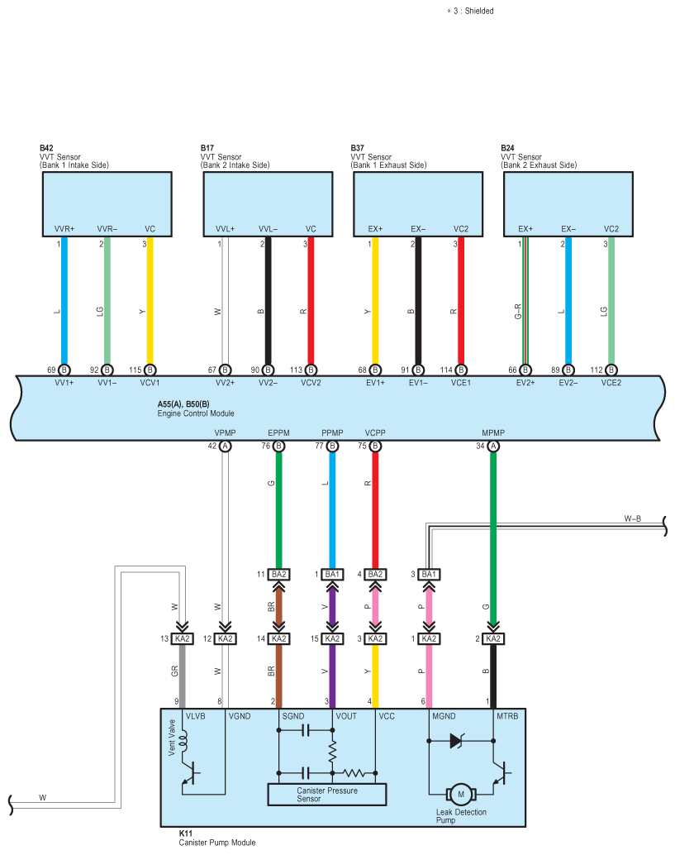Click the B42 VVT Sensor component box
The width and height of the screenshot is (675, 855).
tap(107, 204)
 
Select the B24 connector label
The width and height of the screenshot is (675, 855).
tap(507, 148)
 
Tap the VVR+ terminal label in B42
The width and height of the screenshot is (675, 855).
tap(64, 229)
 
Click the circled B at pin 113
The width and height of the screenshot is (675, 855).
tap(311, 370)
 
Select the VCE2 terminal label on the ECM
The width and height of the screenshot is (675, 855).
tap(611, 383)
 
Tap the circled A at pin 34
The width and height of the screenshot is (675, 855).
tap(493, 446)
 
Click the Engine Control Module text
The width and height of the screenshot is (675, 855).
tap(196, 413)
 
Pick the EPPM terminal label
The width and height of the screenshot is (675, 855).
tap(278, 433)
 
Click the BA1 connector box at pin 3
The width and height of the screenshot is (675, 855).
tap(429, 574)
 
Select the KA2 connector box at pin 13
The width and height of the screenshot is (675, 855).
tap(182, 638)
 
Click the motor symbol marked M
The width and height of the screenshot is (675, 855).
tap(461, 795)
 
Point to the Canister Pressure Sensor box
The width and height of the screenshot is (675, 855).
tap(327, 795)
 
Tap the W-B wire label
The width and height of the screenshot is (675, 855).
tap(633, 518)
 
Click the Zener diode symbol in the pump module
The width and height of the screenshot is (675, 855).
tap(457, 741)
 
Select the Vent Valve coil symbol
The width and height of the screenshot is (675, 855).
tap(183, 739)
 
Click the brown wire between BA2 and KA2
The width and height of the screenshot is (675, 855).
tap(278, 606)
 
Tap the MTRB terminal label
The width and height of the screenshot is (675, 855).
tap(507, 716)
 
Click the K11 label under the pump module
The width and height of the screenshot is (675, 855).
tap(186, 834)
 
